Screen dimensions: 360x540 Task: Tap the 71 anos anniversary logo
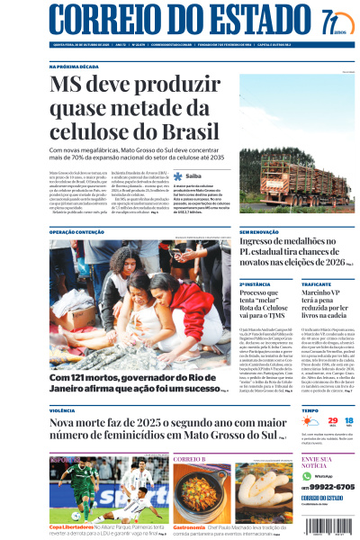click(333, 20)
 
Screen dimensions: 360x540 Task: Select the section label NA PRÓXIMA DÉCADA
click(73, 67)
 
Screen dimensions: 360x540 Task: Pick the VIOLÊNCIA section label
click(63, 409)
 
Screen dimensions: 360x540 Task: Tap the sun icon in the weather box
click(310, 421)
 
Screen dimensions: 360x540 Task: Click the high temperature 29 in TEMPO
click(331, 419)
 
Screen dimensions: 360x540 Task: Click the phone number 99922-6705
click(329, 486)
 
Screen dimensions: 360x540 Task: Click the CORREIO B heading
click(189, 459)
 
